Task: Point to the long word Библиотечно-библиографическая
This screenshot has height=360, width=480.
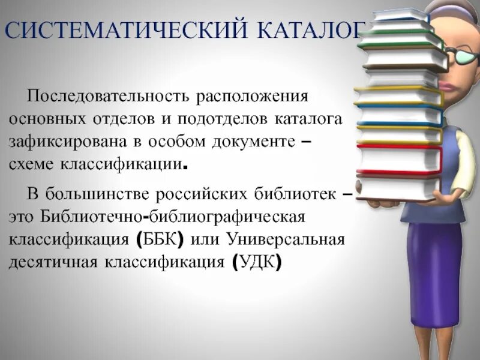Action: [173, 216]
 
